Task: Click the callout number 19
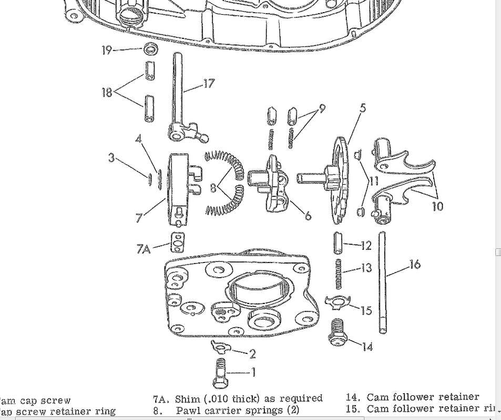[107, 50]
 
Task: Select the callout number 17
[209, 83]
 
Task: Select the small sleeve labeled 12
[338, 244]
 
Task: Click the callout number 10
[437, 206]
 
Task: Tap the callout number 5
[362, 108]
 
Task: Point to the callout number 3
[111, 157]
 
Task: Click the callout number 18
[107, 92]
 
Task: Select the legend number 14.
[353, 397]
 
